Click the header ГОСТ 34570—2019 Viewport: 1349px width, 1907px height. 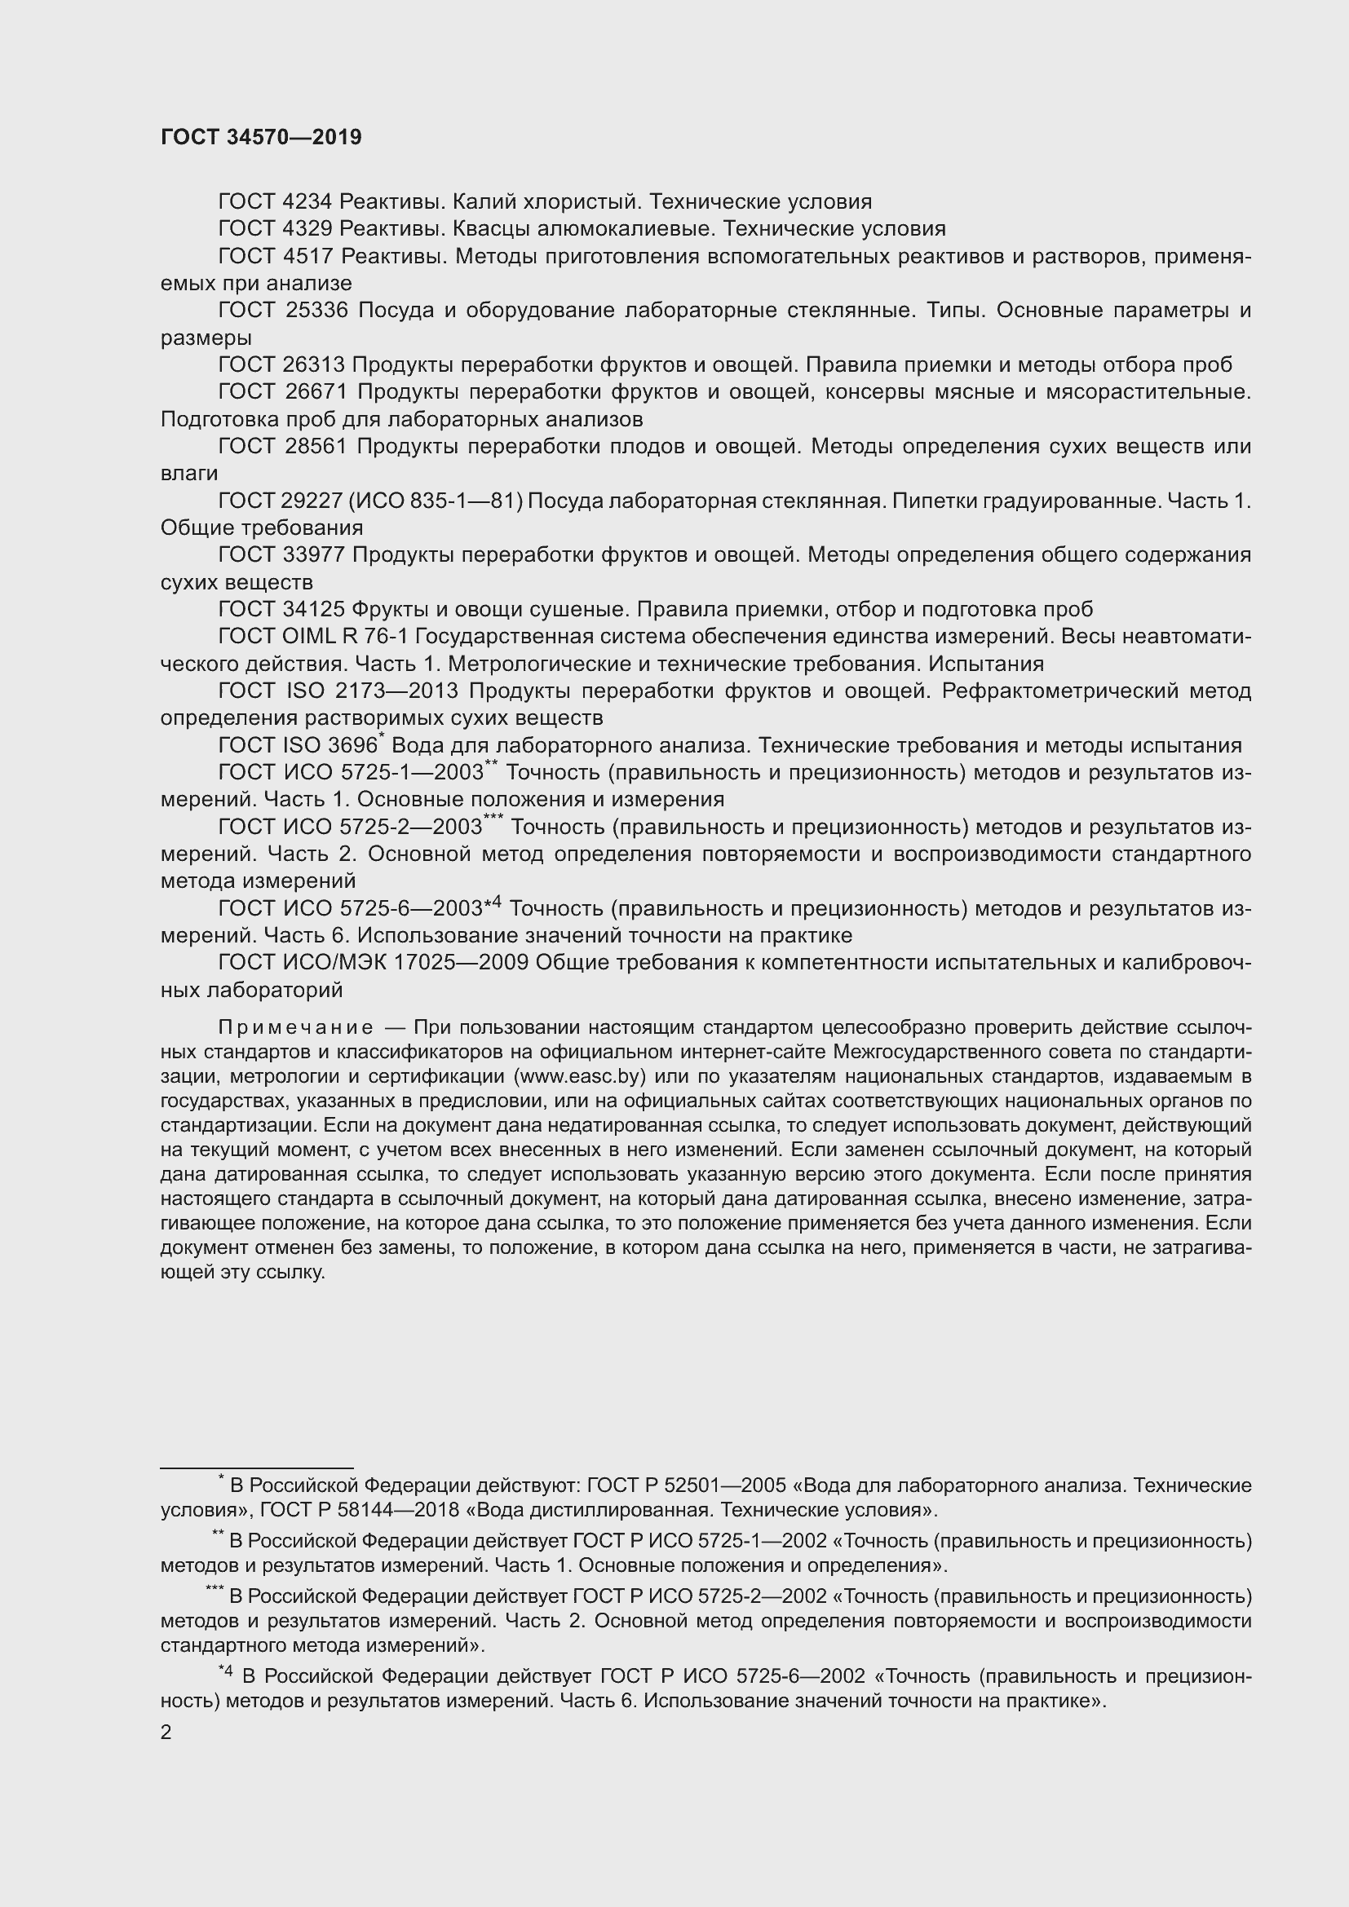[261, 138]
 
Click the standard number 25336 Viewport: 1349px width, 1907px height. [316, 311]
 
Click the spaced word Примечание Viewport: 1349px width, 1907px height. [296, 1028]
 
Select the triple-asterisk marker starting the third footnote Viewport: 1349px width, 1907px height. [215, 1590]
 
